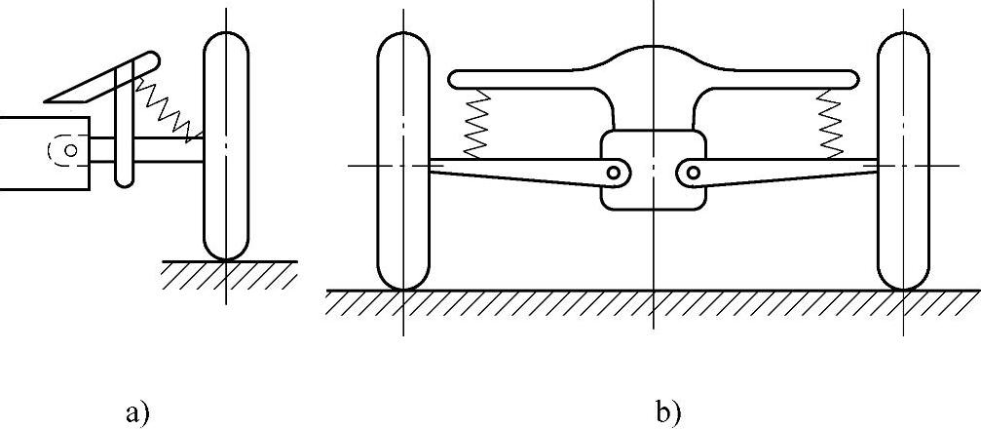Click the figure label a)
(136, 412)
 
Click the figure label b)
(668, 412)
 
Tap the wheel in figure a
(225, 146)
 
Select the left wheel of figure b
(402, 162)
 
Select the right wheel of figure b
(903, 162)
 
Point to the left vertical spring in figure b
(477, 125)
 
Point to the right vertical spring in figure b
(830, 125)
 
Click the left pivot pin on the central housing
(614, 173)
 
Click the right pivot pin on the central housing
(692, 173)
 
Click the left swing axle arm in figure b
(516, 170)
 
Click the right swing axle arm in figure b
(789, 170)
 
